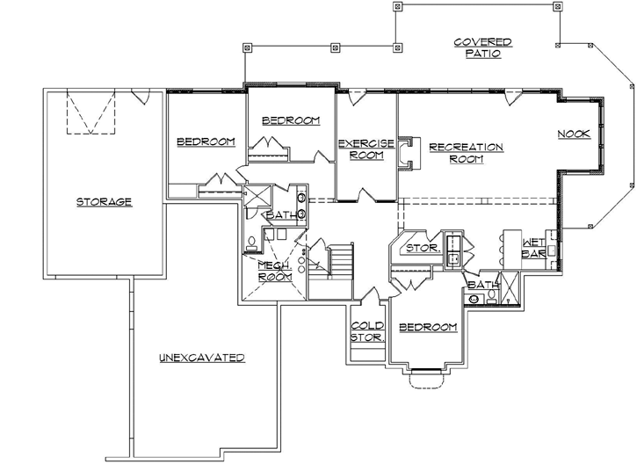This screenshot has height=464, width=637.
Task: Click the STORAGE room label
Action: tap(104, 201)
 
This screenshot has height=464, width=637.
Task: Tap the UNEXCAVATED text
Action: tap(201, 358)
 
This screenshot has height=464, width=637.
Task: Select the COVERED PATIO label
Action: tap(482, 47)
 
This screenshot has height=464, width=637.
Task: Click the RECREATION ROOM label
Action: tap(466, 153)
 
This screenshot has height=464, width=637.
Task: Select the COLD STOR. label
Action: tap(366, 330)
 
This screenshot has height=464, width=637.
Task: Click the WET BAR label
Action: tap(535, 248)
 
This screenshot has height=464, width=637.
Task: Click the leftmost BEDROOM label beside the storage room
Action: tap(206, 141)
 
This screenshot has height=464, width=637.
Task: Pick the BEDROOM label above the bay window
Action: tap(428, 327)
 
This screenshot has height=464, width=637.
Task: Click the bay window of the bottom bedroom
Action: tap(426, 378)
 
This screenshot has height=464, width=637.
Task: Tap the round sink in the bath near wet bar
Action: tap(474, 299)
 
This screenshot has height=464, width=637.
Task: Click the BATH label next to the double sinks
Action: tap(279, 214)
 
